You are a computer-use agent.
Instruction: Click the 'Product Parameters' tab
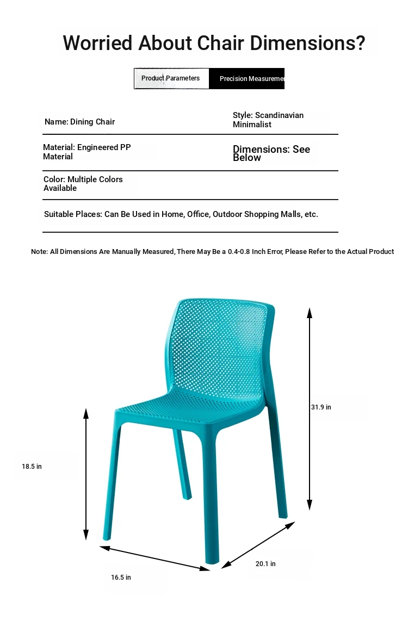coord(171,78)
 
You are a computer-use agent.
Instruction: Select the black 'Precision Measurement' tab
coord(247,79)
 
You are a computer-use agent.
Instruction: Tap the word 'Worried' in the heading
coord(97,42)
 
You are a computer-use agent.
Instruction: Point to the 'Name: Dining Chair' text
coord(79,122)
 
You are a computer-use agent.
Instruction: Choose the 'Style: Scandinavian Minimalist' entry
coord(268,120)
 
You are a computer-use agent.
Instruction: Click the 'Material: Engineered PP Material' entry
coord(87,152)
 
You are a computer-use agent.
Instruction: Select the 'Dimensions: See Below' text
coord(271,153)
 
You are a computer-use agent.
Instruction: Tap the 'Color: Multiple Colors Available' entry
coord(83,184)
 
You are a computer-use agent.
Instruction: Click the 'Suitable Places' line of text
coord(181,214)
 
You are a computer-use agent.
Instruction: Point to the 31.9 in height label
coord(321,407)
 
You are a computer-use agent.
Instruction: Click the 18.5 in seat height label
coord(32,467)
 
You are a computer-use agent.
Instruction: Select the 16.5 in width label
coord(121,577)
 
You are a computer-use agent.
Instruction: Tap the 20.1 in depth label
coord(265,563)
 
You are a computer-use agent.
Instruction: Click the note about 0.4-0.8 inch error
coord(212,252)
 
